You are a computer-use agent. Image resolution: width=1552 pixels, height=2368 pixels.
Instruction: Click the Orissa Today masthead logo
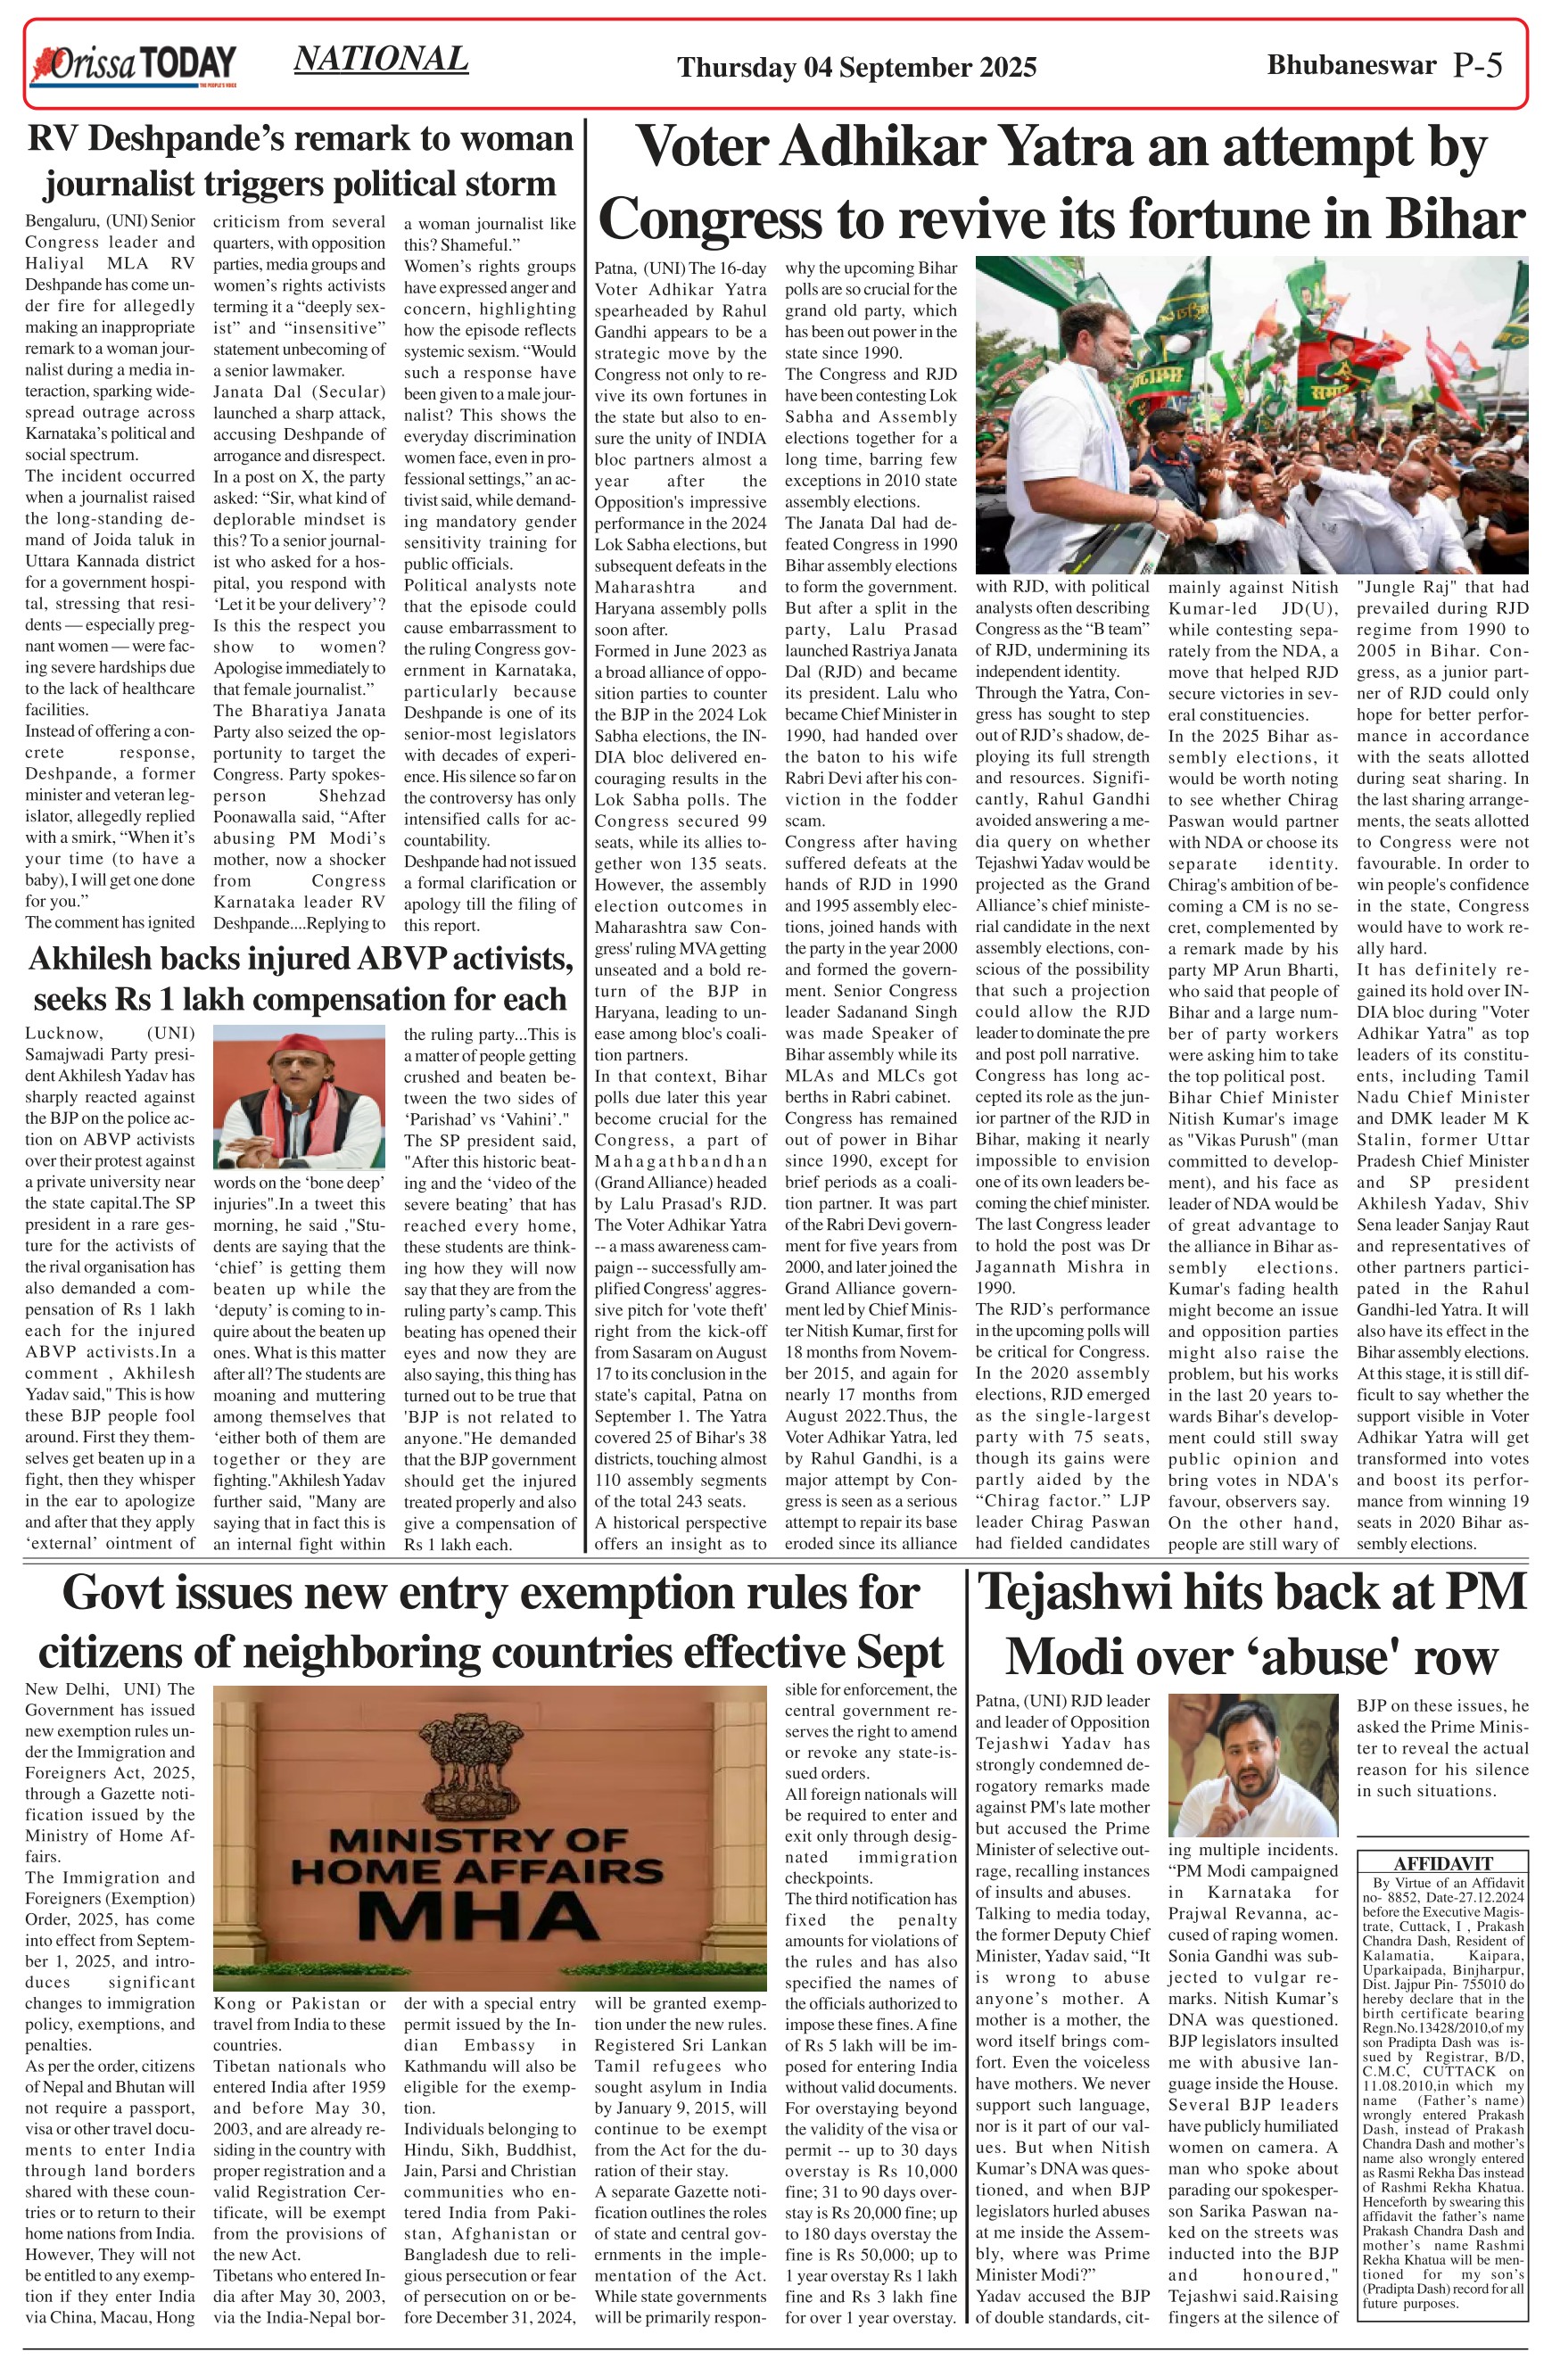click(x=135, y=65)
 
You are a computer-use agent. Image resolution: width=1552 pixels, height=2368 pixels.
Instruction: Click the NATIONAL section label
click(x=381, y=60)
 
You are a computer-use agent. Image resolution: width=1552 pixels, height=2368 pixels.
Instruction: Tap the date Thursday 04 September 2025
click(x=856, y=68)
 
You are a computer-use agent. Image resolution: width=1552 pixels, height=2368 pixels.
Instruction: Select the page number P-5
click(x=1477, y=65)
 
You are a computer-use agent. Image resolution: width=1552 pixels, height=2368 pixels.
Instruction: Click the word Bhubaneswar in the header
click(x=1351, y=65)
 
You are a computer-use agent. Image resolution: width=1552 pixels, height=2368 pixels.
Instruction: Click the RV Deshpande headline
click(x=300, y=161)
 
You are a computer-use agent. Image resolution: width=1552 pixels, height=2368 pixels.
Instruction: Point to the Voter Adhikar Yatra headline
click(x=1061, y=182)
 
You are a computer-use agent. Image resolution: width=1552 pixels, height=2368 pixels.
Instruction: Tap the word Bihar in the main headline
click(x=1460, y=219)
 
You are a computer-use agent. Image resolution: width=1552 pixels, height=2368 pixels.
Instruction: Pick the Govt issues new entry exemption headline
click(x=491, y=1621)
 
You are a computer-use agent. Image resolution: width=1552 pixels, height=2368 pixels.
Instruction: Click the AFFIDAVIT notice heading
click(x=1442, y=1863)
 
